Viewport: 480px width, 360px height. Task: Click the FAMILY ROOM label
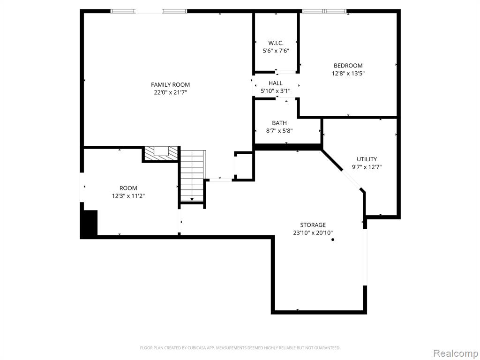170,85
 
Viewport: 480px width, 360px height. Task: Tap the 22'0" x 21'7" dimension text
170,92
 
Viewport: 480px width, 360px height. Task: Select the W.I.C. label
276,43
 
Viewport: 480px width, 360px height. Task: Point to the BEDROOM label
348,66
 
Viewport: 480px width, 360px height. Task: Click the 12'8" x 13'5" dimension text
348,74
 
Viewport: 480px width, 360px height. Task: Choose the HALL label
276,83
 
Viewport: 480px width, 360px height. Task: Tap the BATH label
279,123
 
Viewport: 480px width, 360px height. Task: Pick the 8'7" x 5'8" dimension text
279,131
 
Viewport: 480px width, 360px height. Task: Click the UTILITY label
367,159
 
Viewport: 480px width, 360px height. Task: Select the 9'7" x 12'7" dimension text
367,167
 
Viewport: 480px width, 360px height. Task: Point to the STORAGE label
313,225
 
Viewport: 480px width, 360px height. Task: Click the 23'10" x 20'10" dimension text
313,233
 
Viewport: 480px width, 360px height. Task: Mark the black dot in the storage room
333,240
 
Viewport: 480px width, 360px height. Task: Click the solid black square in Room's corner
90,223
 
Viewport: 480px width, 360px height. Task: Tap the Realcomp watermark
456,353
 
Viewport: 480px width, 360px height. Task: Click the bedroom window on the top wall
324,11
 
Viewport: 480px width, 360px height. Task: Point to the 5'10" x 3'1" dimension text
276,91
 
